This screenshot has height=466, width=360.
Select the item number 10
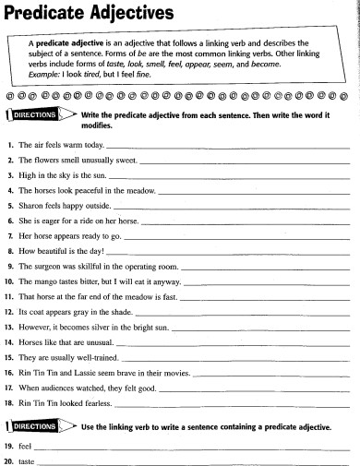[x=10, y=279]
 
